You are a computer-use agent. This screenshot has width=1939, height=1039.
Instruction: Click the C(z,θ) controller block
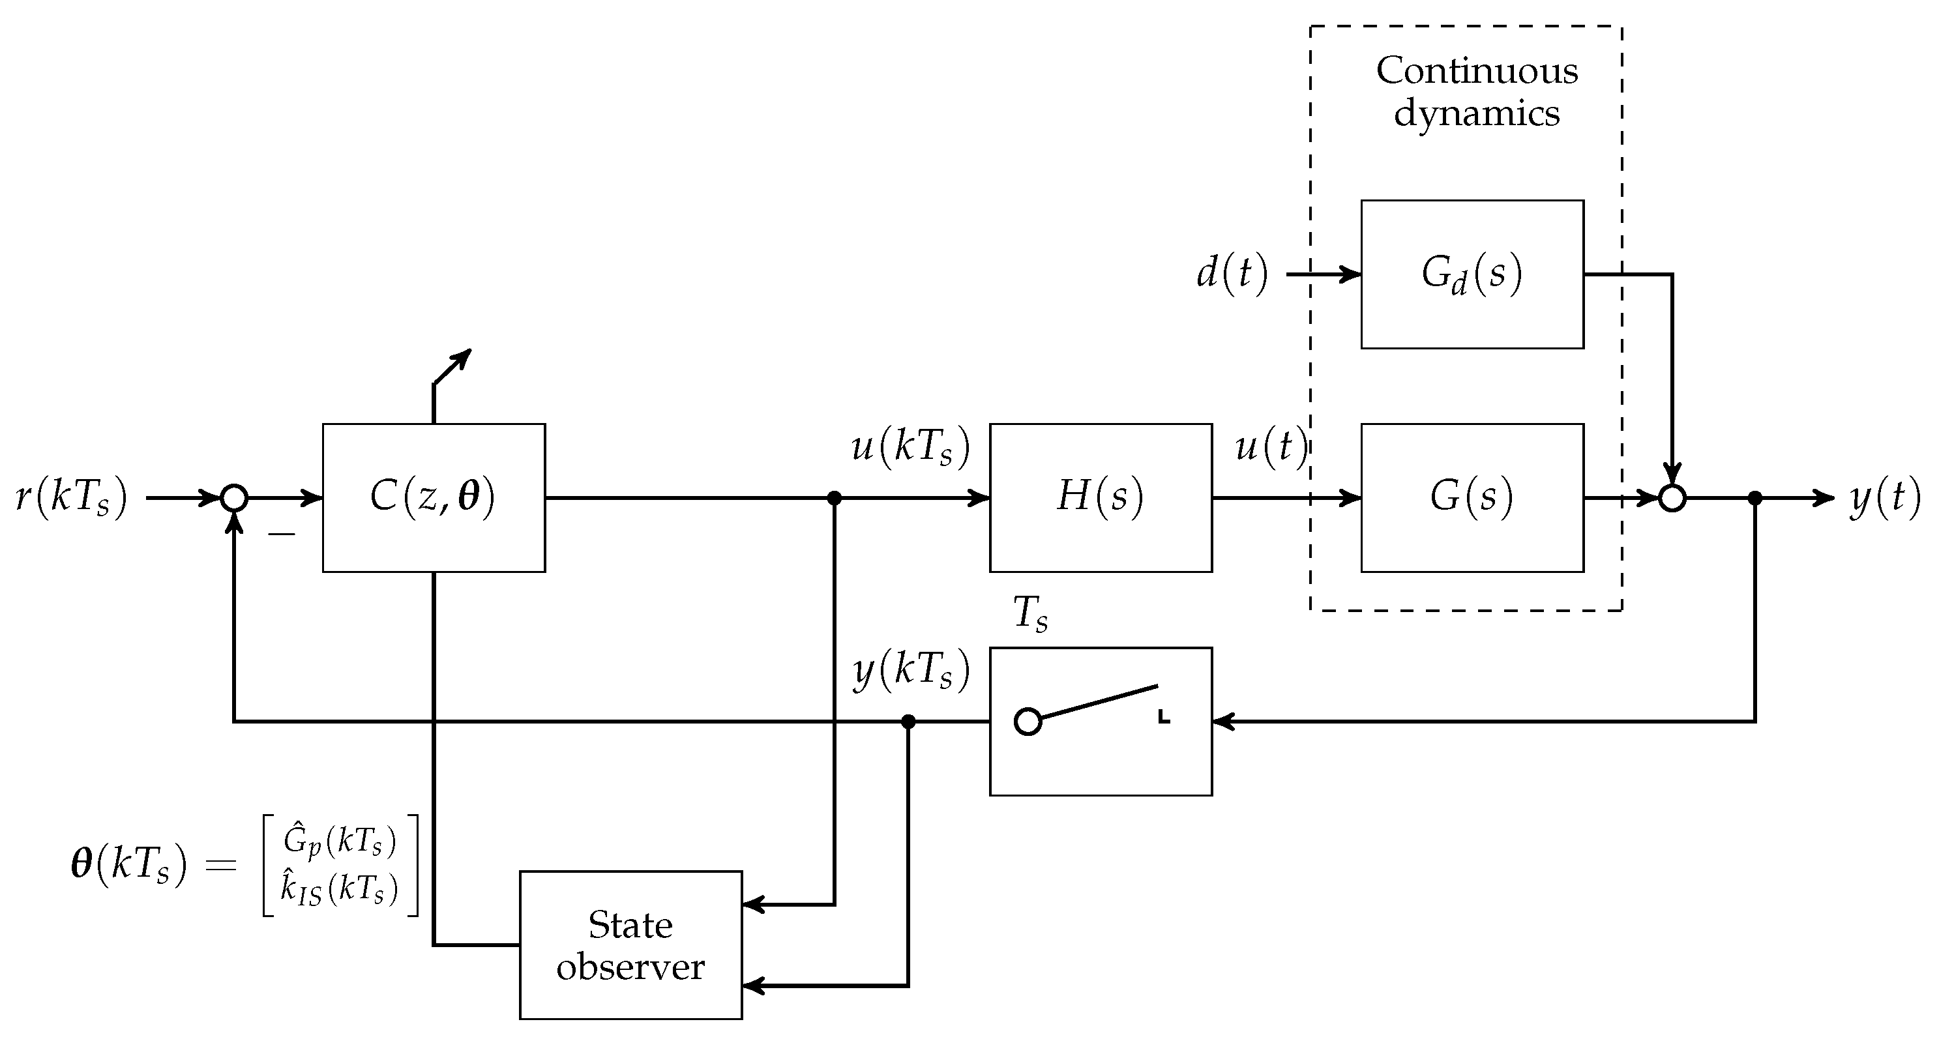434,497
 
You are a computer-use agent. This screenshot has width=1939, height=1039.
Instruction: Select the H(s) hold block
1101,497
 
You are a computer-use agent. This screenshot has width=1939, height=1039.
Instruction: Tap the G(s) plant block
1472,497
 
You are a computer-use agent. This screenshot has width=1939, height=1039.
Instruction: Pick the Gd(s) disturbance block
1472,274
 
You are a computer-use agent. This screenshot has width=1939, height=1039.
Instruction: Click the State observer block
630,945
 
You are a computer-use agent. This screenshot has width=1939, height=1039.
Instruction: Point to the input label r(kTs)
72,498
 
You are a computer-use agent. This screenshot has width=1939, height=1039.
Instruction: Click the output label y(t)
1885,498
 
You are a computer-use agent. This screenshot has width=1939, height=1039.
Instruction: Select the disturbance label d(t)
1232,272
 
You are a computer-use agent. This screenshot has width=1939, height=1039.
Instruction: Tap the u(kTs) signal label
910,447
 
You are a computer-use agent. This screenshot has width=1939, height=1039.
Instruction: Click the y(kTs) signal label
911,669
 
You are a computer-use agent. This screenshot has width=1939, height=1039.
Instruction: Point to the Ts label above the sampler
1029,613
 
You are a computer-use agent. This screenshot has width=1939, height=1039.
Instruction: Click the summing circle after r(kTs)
234,498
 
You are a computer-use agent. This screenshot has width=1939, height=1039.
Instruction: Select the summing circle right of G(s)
1672,498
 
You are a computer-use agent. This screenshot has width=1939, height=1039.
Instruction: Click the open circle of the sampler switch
1028,722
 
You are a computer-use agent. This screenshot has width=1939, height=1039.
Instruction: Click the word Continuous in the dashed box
1476,70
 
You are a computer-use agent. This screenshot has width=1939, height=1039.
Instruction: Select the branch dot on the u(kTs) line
834,498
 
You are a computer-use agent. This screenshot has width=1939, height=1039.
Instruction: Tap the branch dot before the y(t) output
1754,498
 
